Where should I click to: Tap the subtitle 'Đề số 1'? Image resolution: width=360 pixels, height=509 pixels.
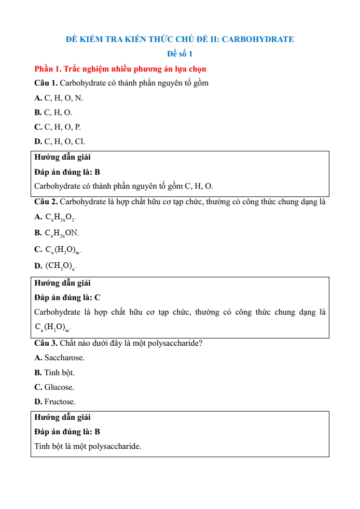tap(179, 54)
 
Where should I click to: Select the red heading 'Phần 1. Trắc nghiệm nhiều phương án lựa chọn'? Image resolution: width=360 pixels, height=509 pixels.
tap(120, 68)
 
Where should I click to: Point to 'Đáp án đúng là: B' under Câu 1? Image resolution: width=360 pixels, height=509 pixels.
tap(67, 172)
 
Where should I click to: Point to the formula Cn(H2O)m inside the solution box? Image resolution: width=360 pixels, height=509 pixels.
tap(52, 327)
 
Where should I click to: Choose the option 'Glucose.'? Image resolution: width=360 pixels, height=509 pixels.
tap(59, 387)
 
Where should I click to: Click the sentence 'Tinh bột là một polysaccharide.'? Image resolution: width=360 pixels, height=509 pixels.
tap(88, 446)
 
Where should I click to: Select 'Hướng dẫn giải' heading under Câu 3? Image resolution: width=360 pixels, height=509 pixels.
tap(62, 417)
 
